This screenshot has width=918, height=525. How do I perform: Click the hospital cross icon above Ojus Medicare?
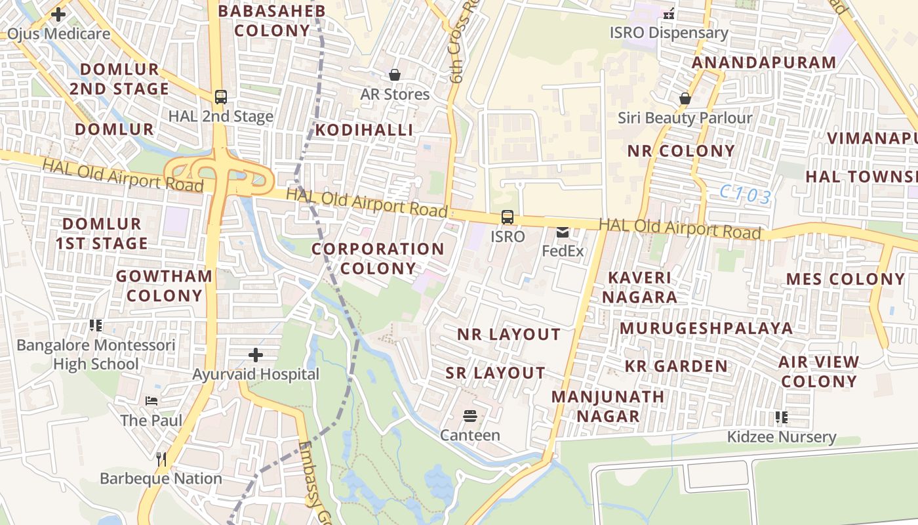(x=58, y=14)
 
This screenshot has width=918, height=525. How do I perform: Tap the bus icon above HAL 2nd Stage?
(x=221, y=97)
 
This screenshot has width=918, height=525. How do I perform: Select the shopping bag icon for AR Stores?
(x=395, y=75)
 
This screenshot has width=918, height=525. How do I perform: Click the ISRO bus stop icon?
(x=507, y=217)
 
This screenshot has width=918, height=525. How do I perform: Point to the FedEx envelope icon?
(x=563, y=232)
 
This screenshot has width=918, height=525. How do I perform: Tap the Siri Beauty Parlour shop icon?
(x=685, y=99)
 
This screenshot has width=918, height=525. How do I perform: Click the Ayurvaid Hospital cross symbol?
(x=256, y=356)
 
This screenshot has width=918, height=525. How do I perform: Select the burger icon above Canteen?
(x=469, y=416)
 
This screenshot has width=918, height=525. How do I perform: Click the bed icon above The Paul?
(x=151, y=401)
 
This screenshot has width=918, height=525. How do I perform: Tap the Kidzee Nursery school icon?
(x=781, y=417)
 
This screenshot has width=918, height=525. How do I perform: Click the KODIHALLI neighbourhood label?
(x=364, y=130)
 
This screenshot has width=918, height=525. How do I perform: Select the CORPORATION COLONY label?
(x=378, y=259)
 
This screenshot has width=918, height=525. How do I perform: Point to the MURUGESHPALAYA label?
(x=706, y=328)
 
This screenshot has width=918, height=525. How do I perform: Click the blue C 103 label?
(x=745, y=194)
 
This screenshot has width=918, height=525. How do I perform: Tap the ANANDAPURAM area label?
(x=764, y=63)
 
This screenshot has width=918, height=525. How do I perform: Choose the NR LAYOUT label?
(x=509, y=335)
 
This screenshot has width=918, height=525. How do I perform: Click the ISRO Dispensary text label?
(x=669, y=33)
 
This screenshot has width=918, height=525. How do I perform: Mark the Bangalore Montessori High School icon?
(x=96, y=325)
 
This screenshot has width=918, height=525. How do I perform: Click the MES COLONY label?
(x=845, y=279)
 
